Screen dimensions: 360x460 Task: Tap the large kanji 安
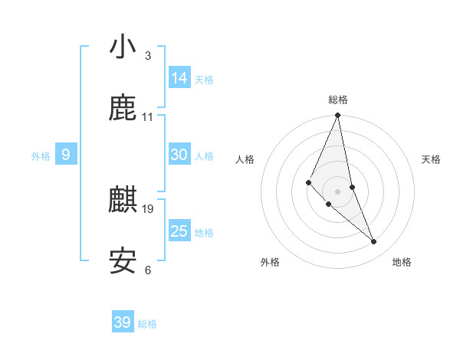123,262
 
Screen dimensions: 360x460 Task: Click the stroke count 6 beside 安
148,270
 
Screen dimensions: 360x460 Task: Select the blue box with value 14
179,78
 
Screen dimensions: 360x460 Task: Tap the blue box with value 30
179,155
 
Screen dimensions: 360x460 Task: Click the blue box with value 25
179,231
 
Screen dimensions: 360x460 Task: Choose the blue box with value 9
66,155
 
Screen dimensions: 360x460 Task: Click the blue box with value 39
123,322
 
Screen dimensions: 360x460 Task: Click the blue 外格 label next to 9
41,156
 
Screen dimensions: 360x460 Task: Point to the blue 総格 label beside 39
147,324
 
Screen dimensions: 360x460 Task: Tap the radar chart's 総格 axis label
338,100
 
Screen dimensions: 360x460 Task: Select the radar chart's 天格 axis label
432,159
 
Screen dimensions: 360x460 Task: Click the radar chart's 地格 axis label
402,262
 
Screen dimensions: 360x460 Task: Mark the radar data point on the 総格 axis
338,116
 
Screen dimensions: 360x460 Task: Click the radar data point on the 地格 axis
374,242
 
